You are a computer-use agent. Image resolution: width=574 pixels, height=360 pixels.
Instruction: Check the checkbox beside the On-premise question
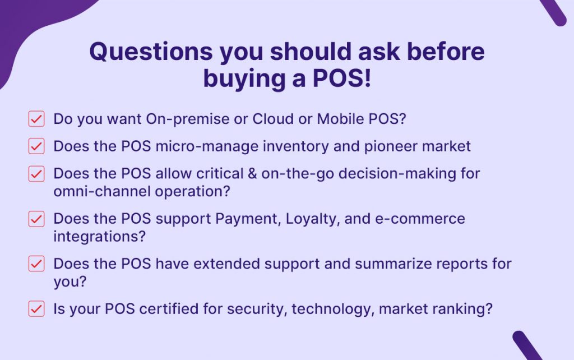36,119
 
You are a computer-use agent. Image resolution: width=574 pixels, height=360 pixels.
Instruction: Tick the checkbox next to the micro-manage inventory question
36,146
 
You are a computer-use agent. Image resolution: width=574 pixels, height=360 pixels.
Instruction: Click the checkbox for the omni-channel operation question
36,174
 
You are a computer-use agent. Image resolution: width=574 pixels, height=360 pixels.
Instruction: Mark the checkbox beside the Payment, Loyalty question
36,219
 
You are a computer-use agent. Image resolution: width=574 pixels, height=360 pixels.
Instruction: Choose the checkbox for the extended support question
36,264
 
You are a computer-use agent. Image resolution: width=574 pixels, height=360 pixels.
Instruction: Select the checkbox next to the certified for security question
36,308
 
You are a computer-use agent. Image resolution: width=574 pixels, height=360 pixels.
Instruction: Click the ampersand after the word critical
252,173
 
